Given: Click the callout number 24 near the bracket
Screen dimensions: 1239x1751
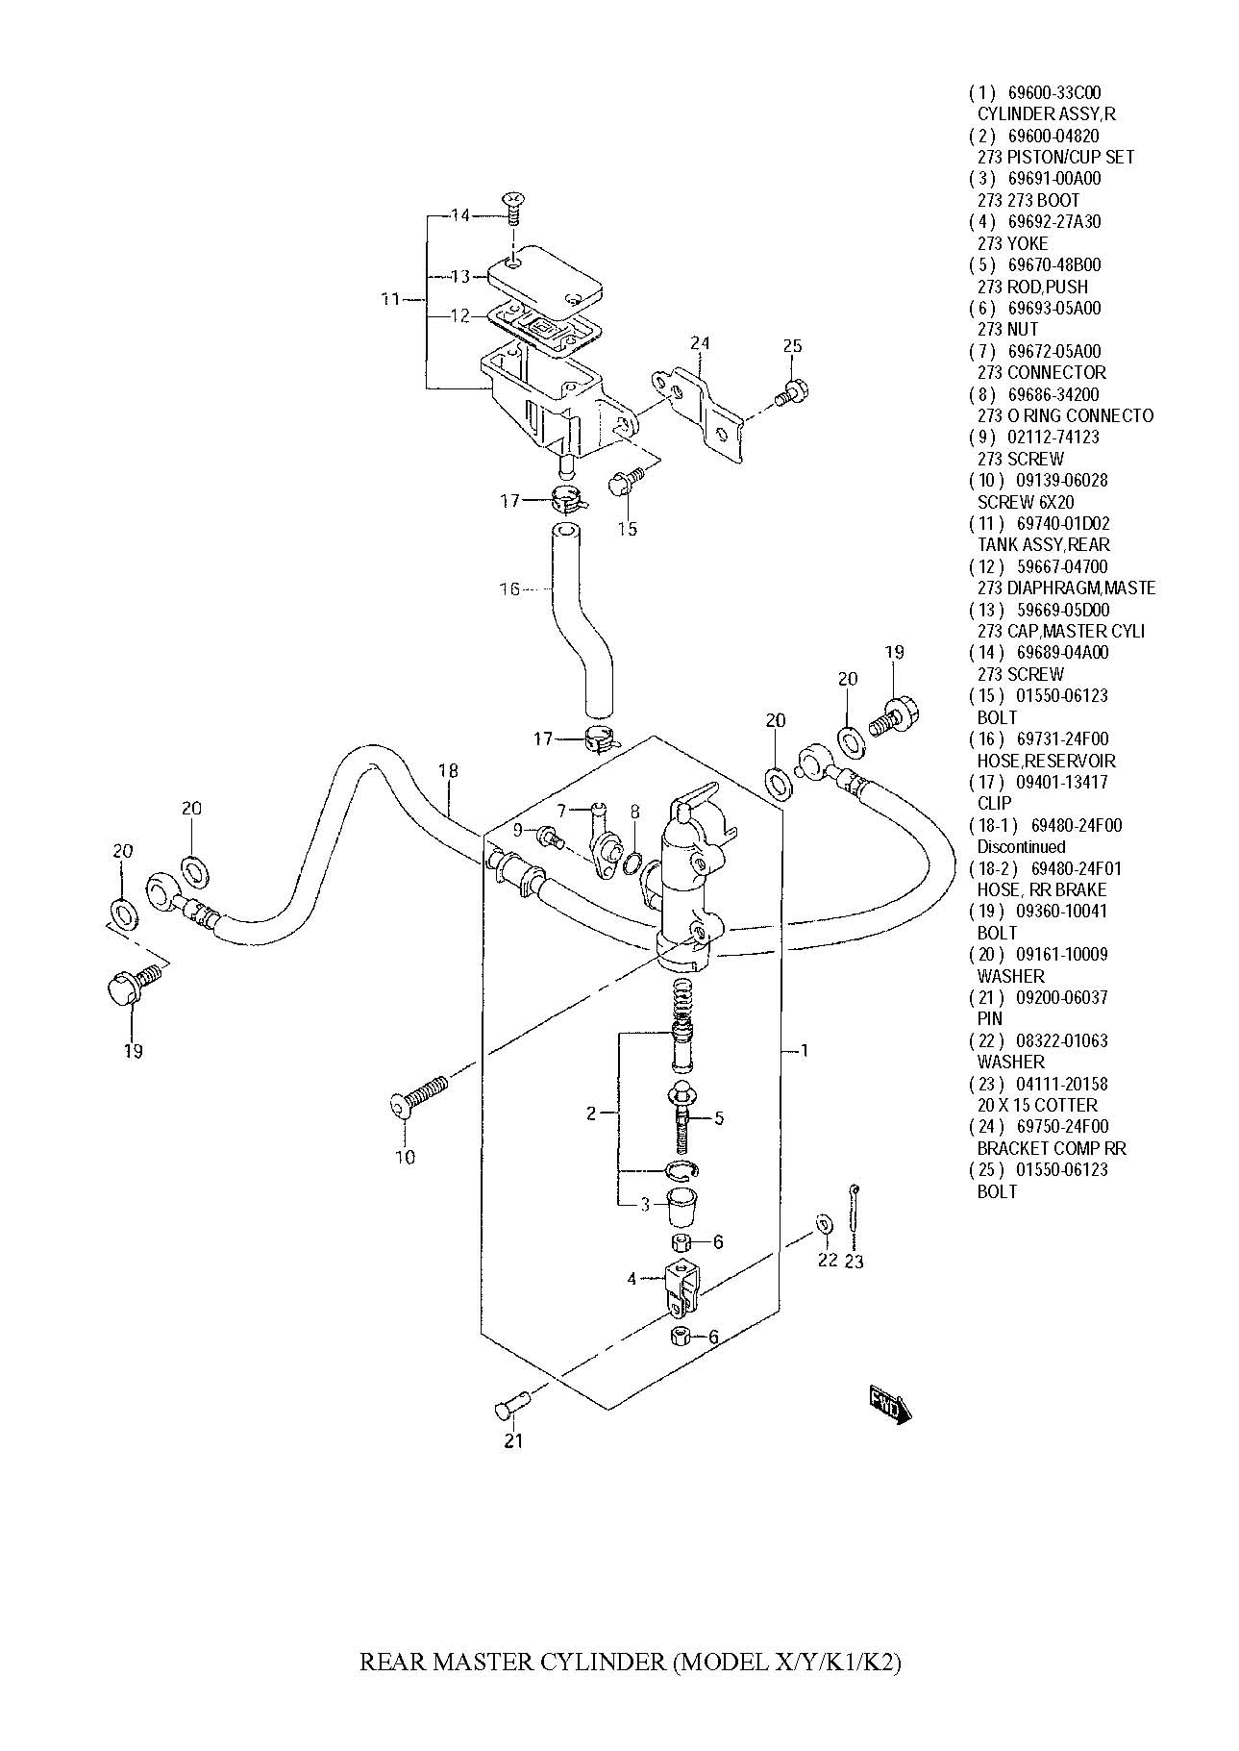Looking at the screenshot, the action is [699, 342].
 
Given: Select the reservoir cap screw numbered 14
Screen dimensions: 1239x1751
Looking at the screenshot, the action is [514, 207].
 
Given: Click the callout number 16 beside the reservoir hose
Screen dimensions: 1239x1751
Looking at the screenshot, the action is [509, 588].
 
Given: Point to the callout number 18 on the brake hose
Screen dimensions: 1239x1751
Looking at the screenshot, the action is [448, 770].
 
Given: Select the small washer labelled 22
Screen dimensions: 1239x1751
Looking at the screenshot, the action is [825, 1224].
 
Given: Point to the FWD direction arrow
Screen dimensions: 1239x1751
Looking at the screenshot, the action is [889, 1405].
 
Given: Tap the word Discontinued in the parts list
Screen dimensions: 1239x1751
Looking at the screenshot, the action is [1021, 847].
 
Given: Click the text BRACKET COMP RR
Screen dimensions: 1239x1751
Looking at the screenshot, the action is [1052, 1148].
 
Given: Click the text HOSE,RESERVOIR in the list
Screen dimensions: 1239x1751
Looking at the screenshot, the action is [1046, 761].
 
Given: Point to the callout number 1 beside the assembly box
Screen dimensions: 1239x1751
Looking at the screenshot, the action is [805, 1050].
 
